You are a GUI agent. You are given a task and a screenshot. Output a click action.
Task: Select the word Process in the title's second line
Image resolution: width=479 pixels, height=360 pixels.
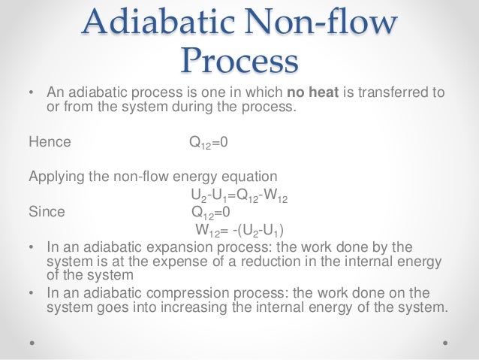239,59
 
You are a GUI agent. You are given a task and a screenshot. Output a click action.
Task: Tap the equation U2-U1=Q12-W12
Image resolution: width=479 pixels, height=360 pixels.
239,198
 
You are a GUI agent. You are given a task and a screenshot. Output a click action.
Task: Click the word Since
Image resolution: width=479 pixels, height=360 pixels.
47,211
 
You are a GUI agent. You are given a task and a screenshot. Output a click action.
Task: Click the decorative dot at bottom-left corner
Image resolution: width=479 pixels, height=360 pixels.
32,341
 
